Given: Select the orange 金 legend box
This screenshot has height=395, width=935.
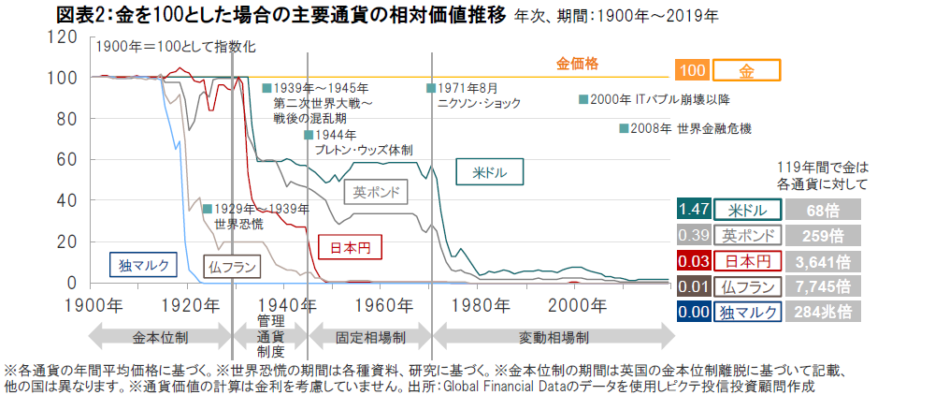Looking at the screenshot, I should pyautogui.click(x=746, y=71).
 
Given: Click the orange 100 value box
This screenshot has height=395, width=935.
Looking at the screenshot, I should pyautogui.click(x=692, y=71).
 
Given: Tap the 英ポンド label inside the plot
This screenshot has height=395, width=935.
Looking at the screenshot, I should pyautogui.click(x=379, y=193).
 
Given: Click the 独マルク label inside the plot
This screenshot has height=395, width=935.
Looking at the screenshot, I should pyautogui.click(x=144, y=265).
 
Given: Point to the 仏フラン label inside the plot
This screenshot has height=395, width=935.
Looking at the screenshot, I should pyautogui.click(x=231, y=268).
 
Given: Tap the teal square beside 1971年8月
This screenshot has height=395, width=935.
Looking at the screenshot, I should pyautogui.click(x=431, y=88).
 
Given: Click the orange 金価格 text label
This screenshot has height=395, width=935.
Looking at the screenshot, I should pyautogui.click(x=577, y=64).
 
